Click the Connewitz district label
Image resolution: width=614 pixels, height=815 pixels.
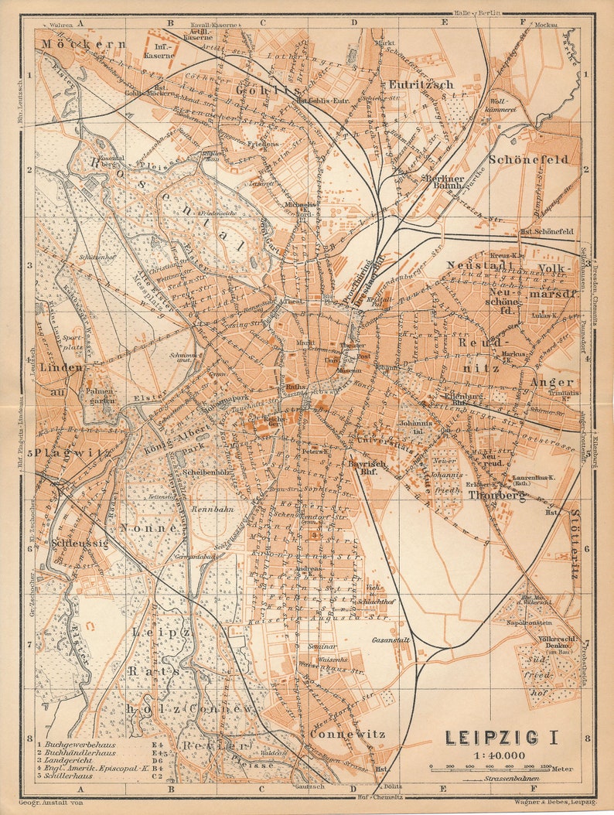(346, 733)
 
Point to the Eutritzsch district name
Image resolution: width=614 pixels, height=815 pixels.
(421, 84)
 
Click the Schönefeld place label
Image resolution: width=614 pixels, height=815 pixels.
(528, 159)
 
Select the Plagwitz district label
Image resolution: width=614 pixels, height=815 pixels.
(57, 452)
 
